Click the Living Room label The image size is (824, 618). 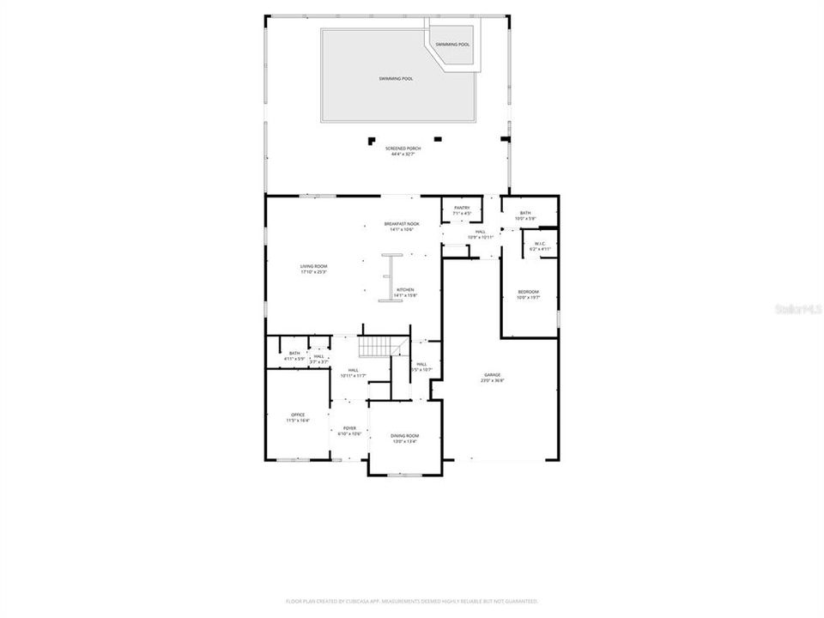(x=313, y=269)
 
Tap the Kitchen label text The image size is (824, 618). (x=405, y=293)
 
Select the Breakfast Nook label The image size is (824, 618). (x=402, y=226)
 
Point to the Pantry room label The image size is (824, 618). (x=462, y=210)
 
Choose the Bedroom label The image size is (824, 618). (x=528, y=294)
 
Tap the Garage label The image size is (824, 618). (x=492, y=378)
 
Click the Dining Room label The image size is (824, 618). (x=404, y=439)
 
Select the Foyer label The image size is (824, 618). (x=349, y=431)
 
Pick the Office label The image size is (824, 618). (x=298, y=418)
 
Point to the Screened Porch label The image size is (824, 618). (x=403, y=151)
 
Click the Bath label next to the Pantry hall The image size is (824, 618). (x=524, y=215)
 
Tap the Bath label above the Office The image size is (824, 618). (x=294, y=355)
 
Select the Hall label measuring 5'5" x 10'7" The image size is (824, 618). (x=421, y=367)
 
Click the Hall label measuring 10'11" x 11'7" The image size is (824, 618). (x=353, y=373)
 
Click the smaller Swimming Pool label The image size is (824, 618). (x=451, y=45)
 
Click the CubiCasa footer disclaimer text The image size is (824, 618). (x=412, y=601)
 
